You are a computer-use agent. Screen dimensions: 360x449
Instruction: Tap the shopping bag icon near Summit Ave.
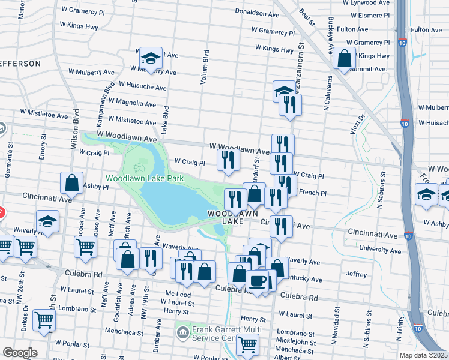[345, 59]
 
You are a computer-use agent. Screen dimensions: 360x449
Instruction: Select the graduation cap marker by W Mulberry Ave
[149, 59]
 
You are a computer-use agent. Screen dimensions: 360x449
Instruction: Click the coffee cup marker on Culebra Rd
[258, 281]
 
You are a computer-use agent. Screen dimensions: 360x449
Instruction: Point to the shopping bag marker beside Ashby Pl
[71, 184]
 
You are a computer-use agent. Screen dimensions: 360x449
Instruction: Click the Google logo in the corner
[20, 353]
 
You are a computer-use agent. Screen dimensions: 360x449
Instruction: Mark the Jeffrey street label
[356, 274]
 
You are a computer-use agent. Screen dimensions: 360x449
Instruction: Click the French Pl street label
[312, 193]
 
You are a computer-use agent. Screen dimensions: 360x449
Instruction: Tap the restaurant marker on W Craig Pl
[228, 160]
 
